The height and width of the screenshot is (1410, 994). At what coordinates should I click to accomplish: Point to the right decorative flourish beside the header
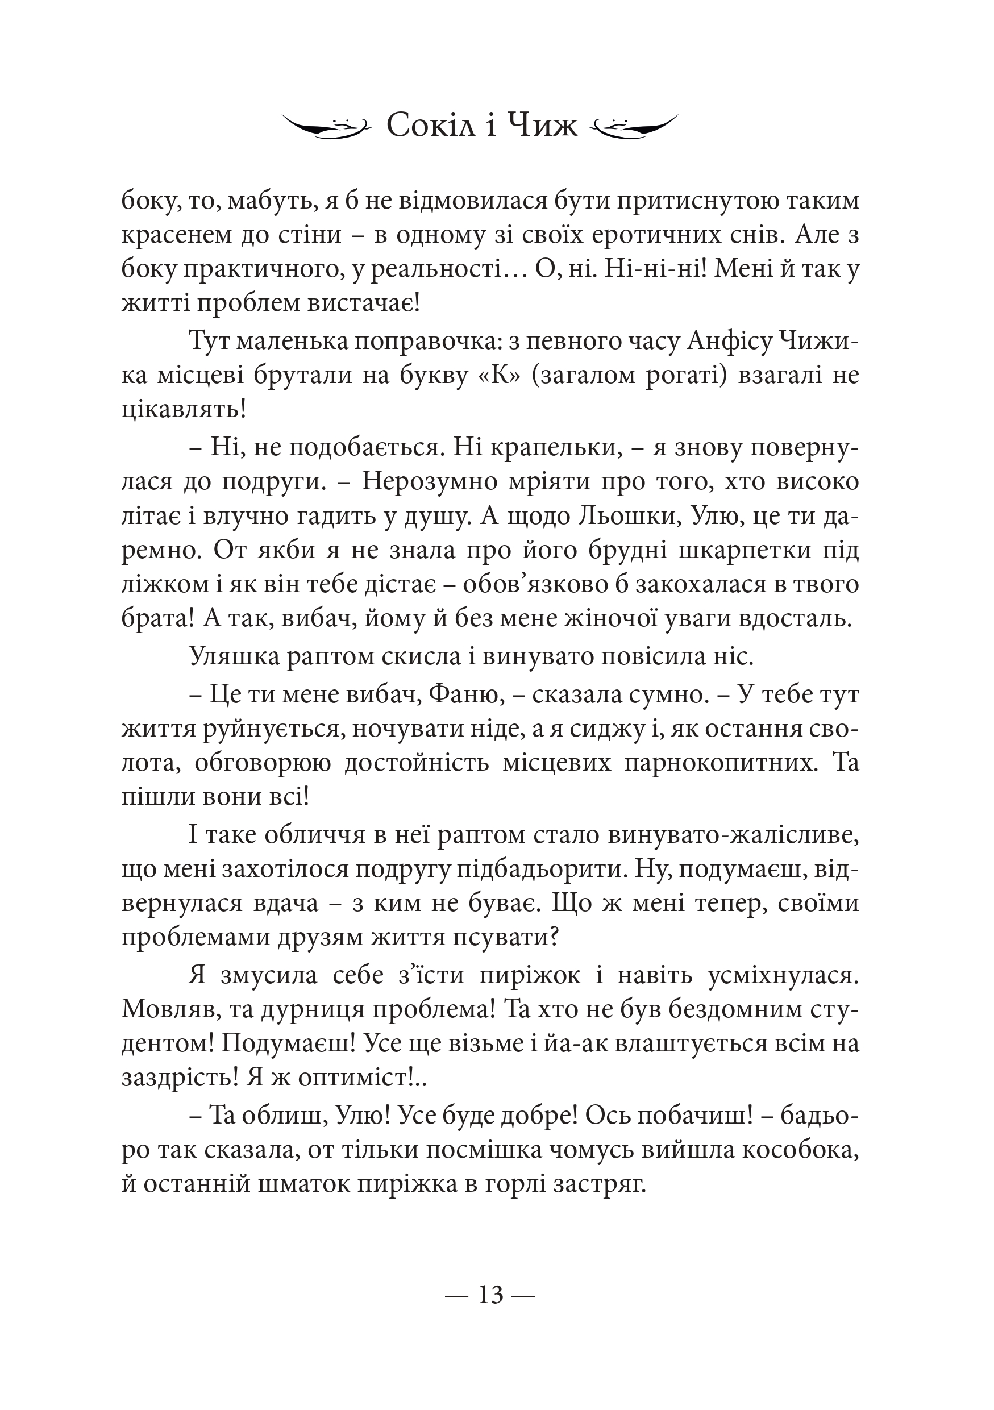pos(633,127)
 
